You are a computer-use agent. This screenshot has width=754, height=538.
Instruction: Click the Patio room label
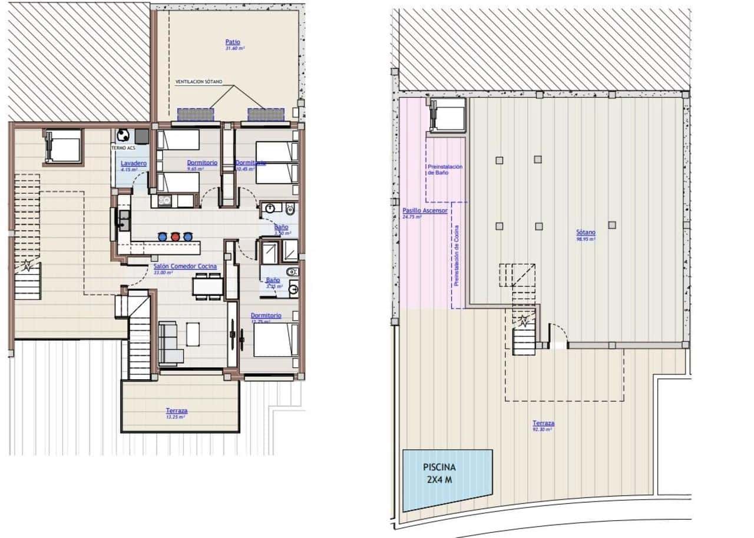(232, 42)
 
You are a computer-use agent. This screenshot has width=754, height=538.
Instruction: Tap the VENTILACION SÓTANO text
(199, 82)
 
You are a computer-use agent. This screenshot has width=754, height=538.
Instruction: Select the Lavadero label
(133, 163)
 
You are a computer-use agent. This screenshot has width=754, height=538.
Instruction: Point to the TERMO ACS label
(123, 148)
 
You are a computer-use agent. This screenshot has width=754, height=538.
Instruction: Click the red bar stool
(175, 236)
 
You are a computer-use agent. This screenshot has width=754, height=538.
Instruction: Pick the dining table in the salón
(207, 285)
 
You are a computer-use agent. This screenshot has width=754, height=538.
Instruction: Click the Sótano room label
(586, 233)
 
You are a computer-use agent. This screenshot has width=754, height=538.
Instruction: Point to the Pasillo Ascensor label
(425, 210)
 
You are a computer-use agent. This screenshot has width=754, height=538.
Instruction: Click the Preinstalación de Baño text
(445, 170)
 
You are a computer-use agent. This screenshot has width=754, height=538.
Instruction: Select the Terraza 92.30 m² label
(543, 423)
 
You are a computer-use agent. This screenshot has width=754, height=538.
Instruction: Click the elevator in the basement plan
(448, 114)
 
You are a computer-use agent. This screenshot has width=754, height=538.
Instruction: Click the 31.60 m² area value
(234, 48)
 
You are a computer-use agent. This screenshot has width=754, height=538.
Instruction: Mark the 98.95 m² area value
(586, 239)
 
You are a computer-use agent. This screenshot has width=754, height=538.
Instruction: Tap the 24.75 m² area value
(412, 217)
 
